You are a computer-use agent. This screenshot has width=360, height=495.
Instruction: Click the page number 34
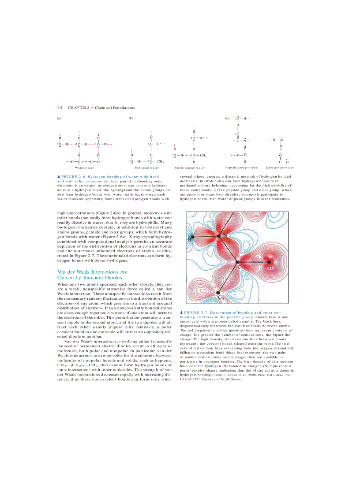60,108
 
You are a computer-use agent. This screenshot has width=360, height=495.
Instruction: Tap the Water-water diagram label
84,168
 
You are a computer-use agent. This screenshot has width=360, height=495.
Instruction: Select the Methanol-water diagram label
146,168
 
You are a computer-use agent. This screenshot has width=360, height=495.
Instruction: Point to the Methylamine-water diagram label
190,168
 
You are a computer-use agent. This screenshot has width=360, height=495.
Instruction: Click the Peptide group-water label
241,167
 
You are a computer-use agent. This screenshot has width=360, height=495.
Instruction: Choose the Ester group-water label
280,167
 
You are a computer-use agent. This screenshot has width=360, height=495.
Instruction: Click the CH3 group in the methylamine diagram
203,155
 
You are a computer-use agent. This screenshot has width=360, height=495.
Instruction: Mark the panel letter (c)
227,118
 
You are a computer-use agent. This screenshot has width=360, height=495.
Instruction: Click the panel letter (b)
131,118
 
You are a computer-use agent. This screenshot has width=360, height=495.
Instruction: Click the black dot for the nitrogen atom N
219,237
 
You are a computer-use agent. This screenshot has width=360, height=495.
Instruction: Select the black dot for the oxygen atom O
269,262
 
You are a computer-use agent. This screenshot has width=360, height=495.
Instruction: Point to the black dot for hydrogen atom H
192,237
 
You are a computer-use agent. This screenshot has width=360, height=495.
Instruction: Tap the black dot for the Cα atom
218,292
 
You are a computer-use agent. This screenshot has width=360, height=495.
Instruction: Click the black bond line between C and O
253,262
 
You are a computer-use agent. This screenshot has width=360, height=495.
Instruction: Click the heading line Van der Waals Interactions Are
92,272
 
